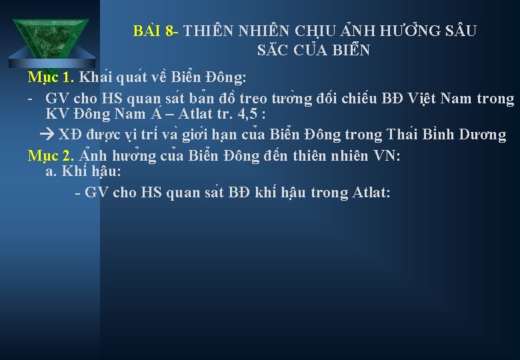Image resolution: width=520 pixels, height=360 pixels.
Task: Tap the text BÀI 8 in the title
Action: (155, 31)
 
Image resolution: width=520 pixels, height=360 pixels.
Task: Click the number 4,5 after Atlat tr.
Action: (251, 116)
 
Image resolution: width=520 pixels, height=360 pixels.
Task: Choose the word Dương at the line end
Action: (482, 135)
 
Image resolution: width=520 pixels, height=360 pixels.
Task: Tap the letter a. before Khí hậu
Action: (51, 172)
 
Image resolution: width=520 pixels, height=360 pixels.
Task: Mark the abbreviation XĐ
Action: (69, 135)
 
